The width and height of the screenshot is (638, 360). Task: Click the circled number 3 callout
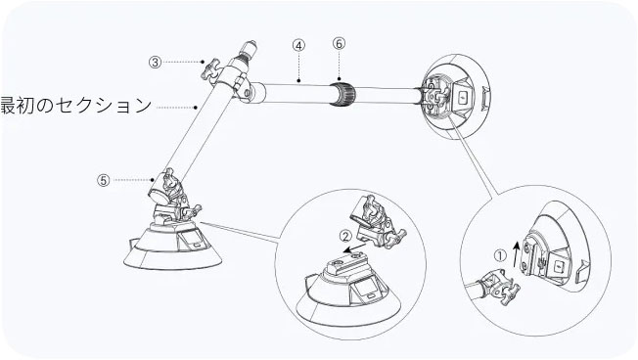pos(155,63)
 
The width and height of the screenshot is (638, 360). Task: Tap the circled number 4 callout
pos(298,45)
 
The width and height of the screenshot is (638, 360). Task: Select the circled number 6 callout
pos(339,43)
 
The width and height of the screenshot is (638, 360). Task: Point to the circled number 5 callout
pos(104,180)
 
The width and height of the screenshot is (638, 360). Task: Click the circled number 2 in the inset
pos(345,236)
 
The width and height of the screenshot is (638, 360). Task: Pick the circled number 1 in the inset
pos(500,255)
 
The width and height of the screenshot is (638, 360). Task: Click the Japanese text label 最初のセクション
pos(76,106)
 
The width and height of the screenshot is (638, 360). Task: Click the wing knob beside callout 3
pos(210,69)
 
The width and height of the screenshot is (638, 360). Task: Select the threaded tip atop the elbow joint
pos(249,49)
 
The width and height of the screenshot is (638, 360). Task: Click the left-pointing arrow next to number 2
pos(353,248)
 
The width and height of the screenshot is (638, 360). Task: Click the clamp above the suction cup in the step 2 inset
pos(376,223)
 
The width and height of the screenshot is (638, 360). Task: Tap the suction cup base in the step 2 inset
pos(348,290)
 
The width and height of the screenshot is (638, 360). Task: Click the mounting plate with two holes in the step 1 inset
pos(529,256)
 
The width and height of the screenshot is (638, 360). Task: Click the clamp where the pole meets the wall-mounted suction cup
pos(433,97)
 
